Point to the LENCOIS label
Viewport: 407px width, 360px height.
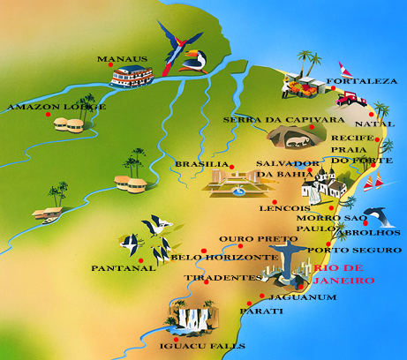(283, 208)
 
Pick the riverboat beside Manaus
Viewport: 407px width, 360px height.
(132, 77)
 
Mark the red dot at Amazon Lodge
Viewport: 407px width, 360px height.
(37, 116)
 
